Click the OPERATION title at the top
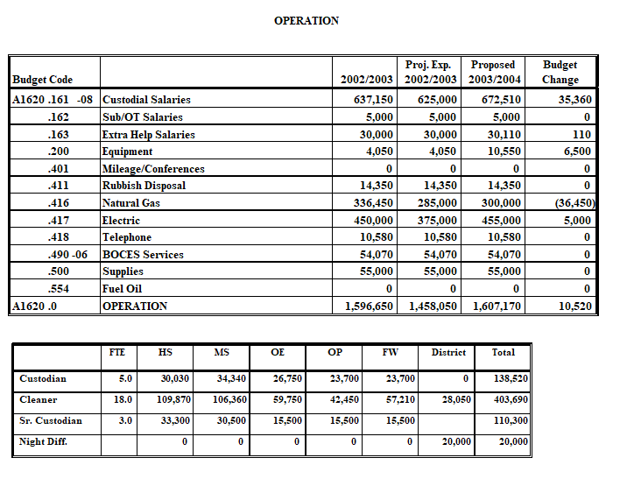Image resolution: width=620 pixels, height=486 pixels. [x=306, y=20]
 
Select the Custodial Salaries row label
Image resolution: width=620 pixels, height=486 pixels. [x=146, y=100]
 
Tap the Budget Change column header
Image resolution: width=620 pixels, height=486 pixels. [x=560, y=72]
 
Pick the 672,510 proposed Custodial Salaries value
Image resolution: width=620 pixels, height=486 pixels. [x=501, y=100]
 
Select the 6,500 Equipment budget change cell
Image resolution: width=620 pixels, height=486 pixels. [x=575, y=151]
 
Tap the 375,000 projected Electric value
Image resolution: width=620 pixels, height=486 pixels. [x=437, y=221]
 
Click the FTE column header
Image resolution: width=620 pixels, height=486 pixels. [x=116, y=352]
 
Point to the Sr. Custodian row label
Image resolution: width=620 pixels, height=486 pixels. [x=51, y=420]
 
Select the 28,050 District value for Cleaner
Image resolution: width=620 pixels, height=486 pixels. [x=456, y=399]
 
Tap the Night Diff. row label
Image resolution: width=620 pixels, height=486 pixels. [x=44, y=441]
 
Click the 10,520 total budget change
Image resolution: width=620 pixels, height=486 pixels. [x=574, y=306]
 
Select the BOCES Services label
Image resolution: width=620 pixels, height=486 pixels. [x=143, y=255]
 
